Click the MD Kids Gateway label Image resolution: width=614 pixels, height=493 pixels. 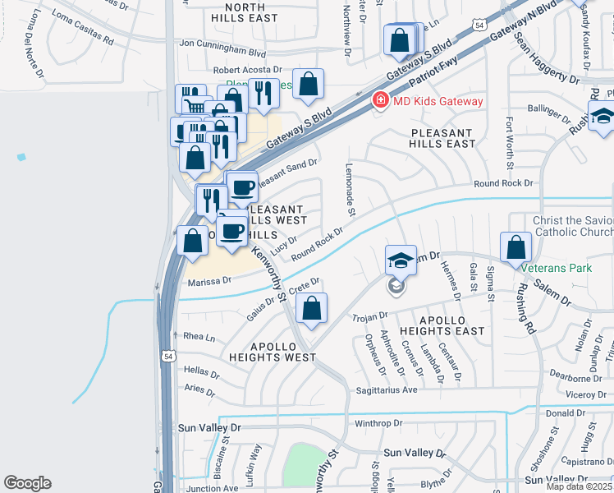click(x=438, y=101)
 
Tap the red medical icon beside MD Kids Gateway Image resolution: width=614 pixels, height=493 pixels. click(x=379, y=101)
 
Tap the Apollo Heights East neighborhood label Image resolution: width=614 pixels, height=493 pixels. click(x=442, y=325)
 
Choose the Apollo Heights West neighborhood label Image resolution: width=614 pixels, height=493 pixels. click(x=273, y=352)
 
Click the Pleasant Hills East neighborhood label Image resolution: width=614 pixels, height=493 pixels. click(x=442, y=138)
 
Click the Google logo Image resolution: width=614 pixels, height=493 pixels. click(x=27, y=483)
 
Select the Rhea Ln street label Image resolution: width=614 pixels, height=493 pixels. click(x=199, y=337)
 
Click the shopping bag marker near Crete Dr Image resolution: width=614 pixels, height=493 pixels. click(x=312, y=308)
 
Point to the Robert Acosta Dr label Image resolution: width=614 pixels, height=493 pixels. click(x=247, y=71)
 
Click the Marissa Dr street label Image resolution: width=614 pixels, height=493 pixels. click(x=210, y=281)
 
